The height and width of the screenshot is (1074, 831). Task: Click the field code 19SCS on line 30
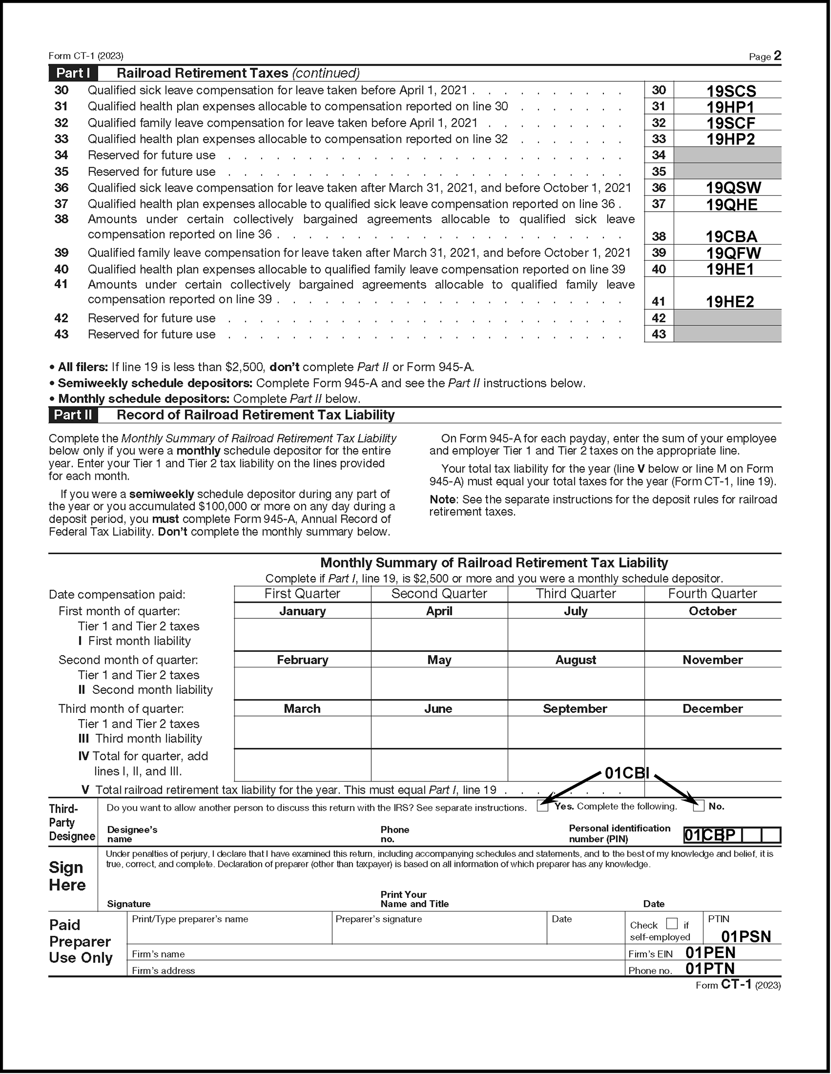731,91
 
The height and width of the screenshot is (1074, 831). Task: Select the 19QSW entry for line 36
733,188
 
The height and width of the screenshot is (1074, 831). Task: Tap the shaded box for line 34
727,155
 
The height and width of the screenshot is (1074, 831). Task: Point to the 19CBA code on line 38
731,237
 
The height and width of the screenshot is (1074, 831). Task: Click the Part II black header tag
73,415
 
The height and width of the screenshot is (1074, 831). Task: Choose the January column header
303,611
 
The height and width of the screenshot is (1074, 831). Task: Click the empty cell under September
576,732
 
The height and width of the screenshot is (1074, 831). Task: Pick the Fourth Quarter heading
712,593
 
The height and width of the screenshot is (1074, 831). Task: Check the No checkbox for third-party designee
699,806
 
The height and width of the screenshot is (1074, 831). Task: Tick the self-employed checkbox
672,924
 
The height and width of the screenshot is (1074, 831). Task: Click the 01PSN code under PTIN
746,936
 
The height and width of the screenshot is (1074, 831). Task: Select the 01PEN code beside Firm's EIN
710,953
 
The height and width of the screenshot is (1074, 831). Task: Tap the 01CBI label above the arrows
627,774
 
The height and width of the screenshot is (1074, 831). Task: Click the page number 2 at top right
777,55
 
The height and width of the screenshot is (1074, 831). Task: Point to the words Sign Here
67,876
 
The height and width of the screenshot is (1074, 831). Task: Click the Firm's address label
163,970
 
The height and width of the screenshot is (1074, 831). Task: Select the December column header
712,709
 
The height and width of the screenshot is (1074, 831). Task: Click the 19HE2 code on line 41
730,302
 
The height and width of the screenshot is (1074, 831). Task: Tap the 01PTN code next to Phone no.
710,969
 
